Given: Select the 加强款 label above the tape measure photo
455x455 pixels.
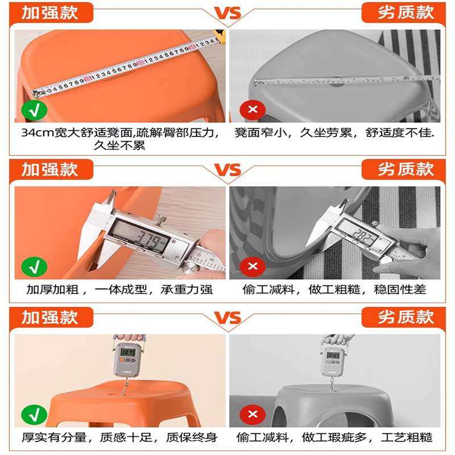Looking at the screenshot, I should [50, 13].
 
